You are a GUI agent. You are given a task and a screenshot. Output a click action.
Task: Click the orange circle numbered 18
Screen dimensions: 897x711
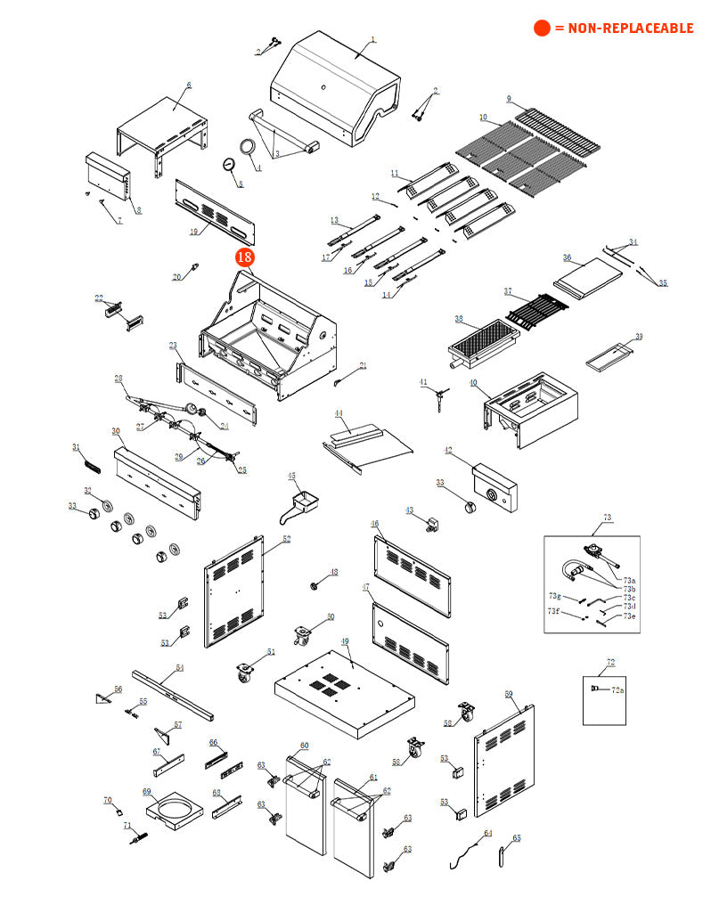(x=244, y=258)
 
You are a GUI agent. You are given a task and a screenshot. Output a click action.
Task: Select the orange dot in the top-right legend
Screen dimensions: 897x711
(x=542, y=29)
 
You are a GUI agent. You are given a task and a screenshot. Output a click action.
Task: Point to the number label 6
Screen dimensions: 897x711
(x=189, y=85)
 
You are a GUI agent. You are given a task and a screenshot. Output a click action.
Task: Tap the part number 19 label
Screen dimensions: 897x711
(x=193, y=232)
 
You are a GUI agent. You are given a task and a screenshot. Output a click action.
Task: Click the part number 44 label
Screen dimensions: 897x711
(x=339, y=413)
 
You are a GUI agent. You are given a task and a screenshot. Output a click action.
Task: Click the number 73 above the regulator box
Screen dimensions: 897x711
(x=608, y=517)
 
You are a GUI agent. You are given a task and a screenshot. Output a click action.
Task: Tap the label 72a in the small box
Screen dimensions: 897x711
(x=617, y=689)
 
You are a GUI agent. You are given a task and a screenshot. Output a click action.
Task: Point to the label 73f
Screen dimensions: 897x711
(x=553, y=611)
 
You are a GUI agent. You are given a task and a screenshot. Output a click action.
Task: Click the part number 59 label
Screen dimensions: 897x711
(x=509, y=693)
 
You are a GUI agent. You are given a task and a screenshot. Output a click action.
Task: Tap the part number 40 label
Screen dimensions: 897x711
(x=473, y=383)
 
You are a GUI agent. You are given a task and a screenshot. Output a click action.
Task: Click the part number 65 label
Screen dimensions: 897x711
(x=517, y=838)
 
